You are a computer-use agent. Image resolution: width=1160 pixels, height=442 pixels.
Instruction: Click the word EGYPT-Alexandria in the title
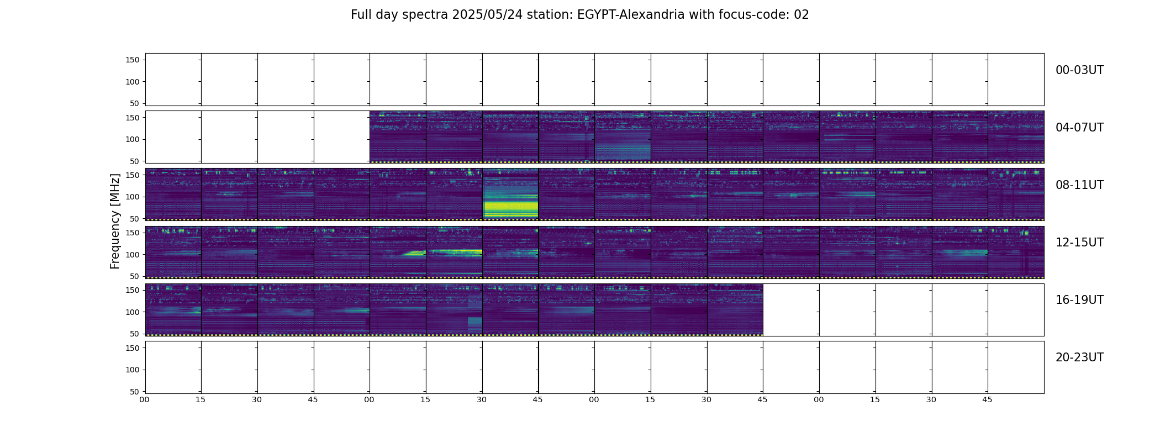(631, 15)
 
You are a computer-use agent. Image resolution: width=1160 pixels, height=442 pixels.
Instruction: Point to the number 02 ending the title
(801, 15)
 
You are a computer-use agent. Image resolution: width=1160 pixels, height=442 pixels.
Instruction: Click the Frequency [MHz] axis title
(115, 221)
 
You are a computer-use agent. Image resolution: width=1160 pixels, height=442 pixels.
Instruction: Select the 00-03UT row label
(1079, 70)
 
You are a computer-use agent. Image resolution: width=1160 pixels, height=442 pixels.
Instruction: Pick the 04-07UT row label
(1079, 128)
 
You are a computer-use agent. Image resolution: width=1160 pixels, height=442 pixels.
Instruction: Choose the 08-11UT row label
(1079, 185)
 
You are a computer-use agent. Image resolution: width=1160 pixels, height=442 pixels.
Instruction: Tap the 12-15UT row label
(1079, 243)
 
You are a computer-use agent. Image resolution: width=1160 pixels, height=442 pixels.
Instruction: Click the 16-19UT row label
(1079, 300)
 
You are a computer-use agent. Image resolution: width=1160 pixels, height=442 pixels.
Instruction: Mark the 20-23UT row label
(1079, 357)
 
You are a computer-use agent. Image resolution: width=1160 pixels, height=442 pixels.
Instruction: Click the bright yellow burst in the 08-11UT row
(510, 209)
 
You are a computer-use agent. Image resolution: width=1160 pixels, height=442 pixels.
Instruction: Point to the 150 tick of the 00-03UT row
(133, 60)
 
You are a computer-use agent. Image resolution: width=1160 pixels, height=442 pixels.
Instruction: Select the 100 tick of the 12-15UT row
(133, 255)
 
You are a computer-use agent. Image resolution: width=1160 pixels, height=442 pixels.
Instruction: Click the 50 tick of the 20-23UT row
(135, 392)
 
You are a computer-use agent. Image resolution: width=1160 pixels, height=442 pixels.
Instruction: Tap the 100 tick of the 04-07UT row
(133, 140)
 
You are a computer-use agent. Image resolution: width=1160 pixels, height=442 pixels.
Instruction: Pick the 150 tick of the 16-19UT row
(133, 290)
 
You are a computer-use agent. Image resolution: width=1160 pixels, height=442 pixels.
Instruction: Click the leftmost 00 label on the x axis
(145, 399)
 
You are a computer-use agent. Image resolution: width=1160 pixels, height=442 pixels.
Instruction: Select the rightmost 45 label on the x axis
(987, 399)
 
